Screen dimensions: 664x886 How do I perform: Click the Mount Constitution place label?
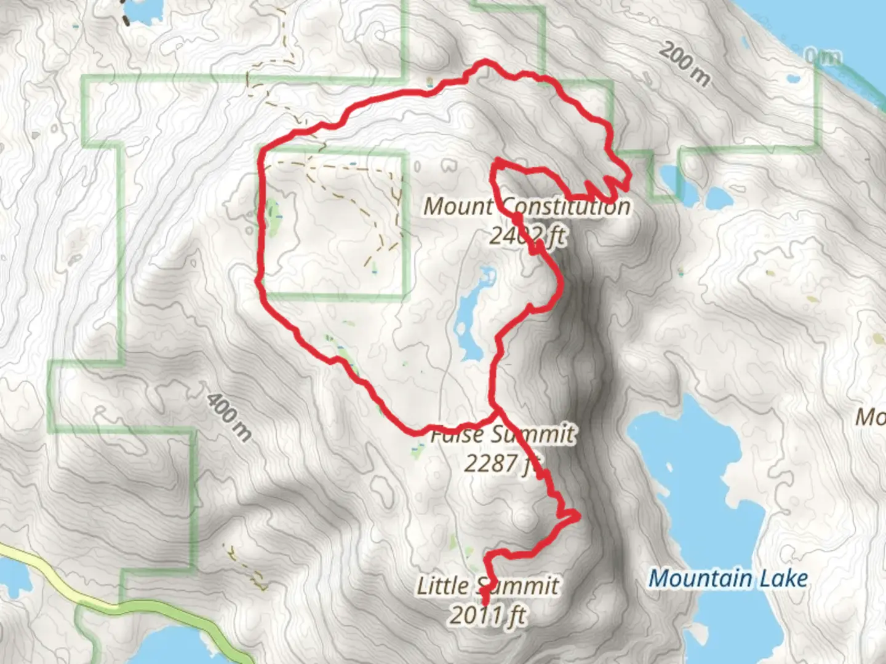527,206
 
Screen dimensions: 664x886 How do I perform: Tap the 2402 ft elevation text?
527,235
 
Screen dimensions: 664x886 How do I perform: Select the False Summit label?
502,435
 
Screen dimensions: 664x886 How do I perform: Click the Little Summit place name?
488,585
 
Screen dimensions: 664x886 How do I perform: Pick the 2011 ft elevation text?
488,614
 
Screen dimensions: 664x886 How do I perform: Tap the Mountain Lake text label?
728,579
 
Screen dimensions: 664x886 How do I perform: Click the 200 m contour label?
684,65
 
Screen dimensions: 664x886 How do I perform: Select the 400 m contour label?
229,417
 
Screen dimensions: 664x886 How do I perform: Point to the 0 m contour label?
823,57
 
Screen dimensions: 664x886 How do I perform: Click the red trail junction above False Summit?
494,407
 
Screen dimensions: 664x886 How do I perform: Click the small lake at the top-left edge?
138,10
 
